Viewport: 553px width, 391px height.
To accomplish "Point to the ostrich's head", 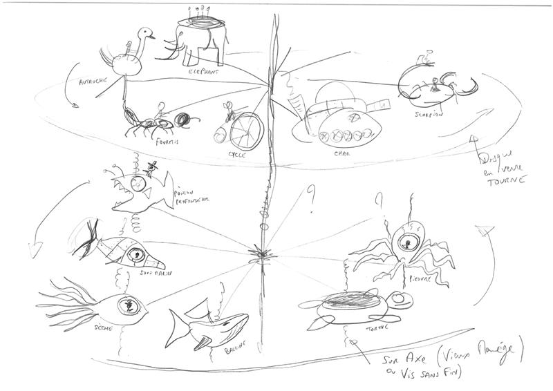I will click(x=146, y=32).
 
